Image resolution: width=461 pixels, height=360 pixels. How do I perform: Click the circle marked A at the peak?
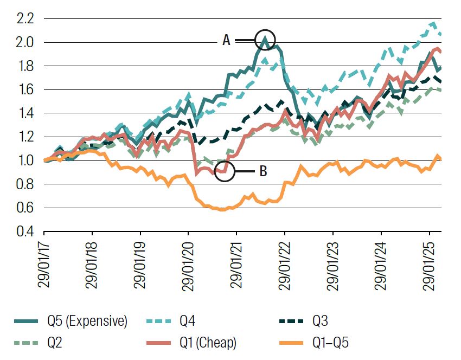click(265, 40)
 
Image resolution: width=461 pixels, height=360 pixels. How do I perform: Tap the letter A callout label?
click(226, 40)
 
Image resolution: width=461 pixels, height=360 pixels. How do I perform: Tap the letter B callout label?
click(263, 171)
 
